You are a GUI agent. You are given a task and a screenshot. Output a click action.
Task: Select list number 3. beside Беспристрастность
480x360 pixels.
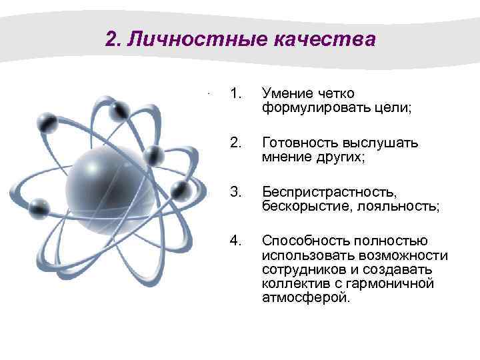click(x=234, y=193)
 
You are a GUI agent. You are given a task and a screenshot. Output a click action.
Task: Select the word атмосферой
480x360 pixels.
click(x=305, y=297)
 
